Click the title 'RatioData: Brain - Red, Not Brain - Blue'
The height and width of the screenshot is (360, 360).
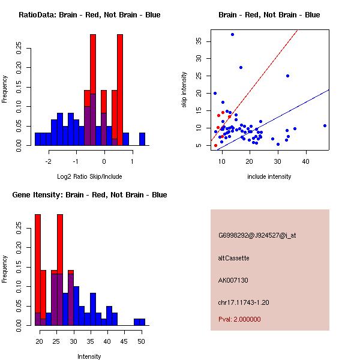pyautogui.click(x=89, y=15)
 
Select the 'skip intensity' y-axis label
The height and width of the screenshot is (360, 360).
pyautogui.click(x=184, y=90)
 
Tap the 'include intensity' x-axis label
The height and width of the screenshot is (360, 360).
pyautogui.click(x=269, y=176)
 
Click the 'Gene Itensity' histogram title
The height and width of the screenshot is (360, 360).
pyautogui.click(x=89, y=195)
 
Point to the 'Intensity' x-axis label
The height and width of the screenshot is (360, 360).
pyautogui.click(x=89, y=356)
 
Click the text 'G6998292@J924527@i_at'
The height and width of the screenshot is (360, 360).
pyautogui.click(x=257, y=235)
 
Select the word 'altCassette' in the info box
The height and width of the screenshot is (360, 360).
pyautogui.click(x=234, y=258)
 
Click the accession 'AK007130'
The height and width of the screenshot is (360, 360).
pyautogui.click(x=233, y=280)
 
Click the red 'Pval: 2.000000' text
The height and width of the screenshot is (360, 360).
pyautogui.click(x=239, y=319)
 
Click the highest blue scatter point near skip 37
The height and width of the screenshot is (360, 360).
pyautogui.click(x=232, y=34)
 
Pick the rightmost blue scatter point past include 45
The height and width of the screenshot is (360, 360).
pyautogui.click(x=325, y=125)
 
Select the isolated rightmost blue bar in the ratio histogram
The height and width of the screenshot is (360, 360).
pyautogui.click(x=142, y=139)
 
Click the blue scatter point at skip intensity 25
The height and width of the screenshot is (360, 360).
pyautogui.click(x=287, y=76)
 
